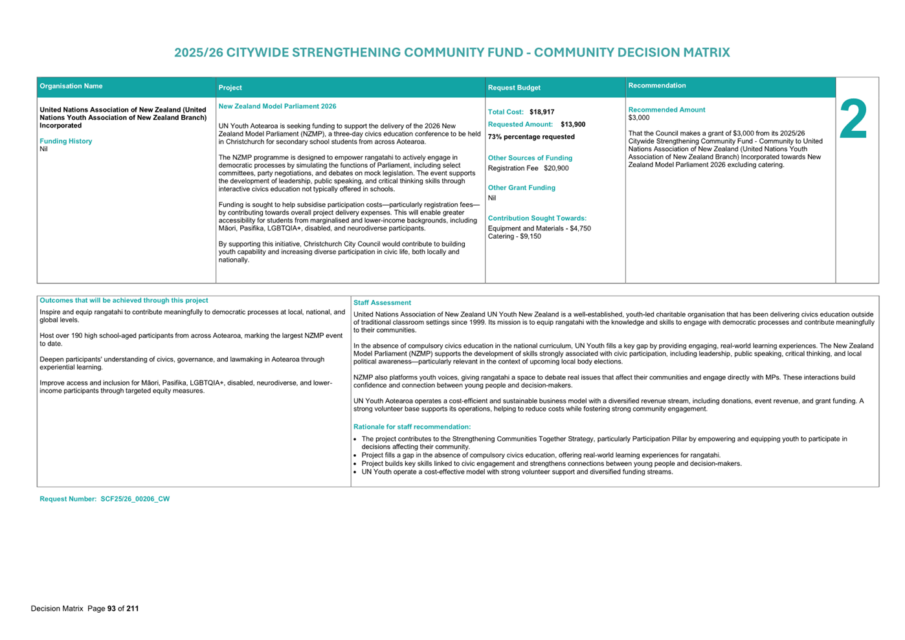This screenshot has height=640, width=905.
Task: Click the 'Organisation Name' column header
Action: point(71,86)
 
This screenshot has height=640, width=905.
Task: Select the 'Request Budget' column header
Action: point(514,87)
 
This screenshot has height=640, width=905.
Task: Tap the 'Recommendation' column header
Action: point(656,85)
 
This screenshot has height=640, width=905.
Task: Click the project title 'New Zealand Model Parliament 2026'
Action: point(277,106)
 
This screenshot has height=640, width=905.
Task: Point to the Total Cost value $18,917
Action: point(542,112)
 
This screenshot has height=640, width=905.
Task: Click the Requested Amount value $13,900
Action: point(573,124)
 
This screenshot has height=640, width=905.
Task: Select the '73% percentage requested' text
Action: point(531,137)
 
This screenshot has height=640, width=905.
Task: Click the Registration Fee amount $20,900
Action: point(556,168)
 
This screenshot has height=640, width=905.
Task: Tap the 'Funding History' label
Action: point(65,141)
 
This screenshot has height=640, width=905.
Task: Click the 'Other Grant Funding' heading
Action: point(521,188)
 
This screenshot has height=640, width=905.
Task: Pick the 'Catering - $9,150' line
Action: point(514,236)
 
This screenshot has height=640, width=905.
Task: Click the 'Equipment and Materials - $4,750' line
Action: point(539,228)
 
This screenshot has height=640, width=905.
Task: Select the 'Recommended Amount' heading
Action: point(666,110)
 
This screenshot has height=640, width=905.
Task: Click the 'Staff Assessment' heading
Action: point(382,303)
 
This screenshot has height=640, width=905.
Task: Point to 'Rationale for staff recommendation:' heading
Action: point(412,427)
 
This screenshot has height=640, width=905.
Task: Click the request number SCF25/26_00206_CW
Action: point(135,499)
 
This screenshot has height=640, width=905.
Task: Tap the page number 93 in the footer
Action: point(111,608)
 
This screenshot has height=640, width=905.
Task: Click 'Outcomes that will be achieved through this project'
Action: point(124,300)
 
